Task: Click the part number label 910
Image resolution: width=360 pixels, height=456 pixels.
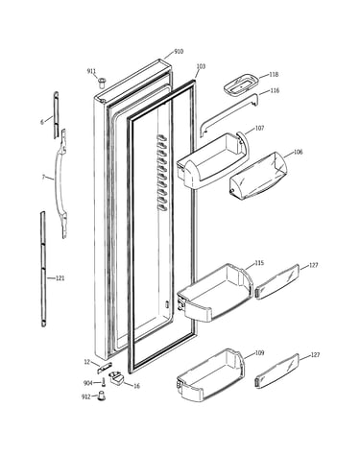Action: [x=179, y=52]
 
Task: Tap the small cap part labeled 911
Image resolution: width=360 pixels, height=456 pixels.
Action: [x=102, y=82]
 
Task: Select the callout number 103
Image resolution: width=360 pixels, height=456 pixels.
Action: [x=201, y=66]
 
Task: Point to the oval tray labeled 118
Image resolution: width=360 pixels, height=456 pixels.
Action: [x=240, y=84]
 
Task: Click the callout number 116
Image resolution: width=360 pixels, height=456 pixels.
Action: [x=275, y=90]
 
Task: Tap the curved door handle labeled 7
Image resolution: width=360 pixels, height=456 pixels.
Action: [x=60, y=183]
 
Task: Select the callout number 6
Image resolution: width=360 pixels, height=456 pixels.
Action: [x=42, y=122]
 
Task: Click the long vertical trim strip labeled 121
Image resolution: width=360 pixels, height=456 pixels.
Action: [x=43, y=269]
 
